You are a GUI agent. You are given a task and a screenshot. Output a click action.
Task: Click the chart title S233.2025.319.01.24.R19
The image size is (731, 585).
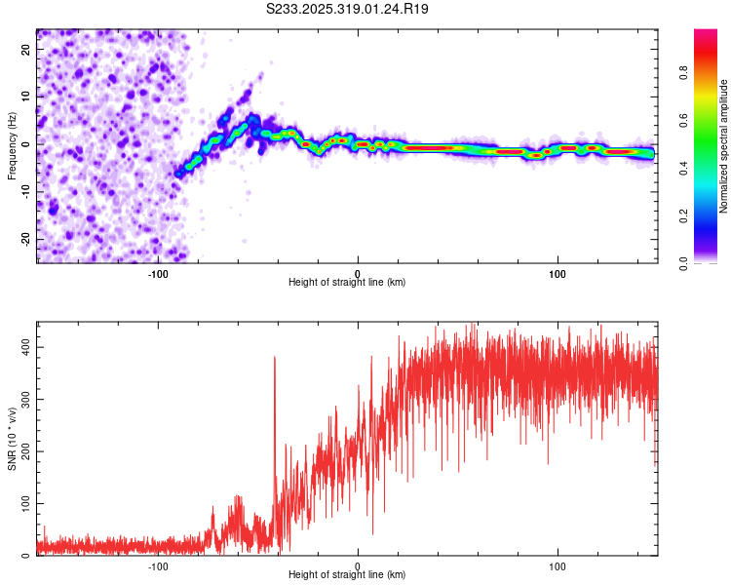tap(348, 9)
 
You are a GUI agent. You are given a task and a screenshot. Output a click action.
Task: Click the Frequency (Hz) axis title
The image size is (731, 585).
tap(12, 145)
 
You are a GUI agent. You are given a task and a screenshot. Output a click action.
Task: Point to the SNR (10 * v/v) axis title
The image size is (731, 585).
tap(12, 438)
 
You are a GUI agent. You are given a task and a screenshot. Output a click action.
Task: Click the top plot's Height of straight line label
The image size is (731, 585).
tap(347, 282)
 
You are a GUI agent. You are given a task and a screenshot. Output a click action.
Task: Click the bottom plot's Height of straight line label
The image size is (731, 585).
tap(347, 574)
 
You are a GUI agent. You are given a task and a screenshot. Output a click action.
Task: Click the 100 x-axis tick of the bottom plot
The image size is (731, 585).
tap(558, 565)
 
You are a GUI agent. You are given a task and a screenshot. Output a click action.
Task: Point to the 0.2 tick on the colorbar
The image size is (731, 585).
tap(711, 215)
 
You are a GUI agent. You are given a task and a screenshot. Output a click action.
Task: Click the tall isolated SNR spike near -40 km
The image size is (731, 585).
tap(275, 359)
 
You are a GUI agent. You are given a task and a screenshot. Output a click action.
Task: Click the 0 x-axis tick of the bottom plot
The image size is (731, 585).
tap(358, 565)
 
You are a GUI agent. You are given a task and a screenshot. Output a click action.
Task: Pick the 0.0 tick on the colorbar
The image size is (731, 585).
tap(711, 262)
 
